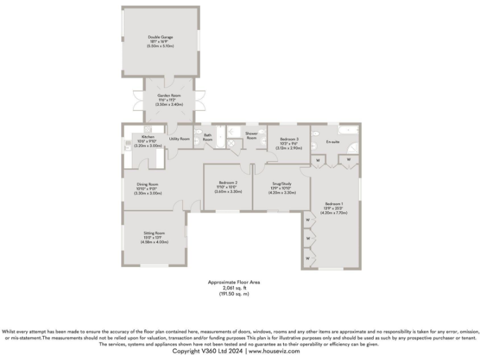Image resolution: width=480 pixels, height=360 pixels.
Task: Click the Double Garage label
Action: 160,37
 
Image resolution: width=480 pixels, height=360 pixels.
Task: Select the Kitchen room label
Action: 148,136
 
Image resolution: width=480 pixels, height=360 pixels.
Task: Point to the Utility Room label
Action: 179,138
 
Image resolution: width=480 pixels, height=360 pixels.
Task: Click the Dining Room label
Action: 148,184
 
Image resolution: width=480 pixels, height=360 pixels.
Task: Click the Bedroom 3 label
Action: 289,138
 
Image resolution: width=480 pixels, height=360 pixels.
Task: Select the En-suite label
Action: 332,142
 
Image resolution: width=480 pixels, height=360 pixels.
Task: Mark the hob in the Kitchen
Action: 127,150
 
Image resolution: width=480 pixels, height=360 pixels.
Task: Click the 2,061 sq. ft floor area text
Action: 234,287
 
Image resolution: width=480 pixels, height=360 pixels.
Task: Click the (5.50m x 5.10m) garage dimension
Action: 160,46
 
